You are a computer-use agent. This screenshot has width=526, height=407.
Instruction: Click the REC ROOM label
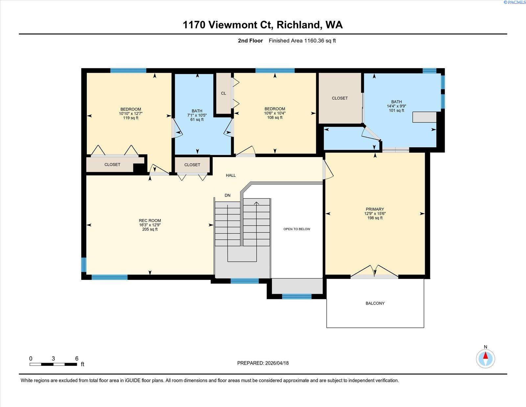click(150, 221)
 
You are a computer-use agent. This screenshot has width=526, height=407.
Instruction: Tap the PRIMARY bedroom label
click(375, 209)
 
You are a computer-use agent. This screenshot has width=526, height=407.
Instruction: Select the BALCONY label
click(375, 303)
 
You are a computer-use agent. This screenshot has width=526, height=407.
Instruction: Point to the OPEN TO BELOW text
click(297, 229)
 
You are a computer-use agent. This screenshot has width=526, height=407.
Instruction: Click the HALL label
click(231, 175)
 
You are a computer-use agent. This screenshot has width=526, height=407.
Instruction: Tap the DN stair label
click(227, 195)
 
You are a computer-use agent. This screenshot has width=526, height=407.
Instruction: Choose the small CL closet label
click(224, 93)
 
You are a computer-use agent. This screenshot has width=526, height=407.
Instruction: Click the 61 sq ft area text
click(197, 120)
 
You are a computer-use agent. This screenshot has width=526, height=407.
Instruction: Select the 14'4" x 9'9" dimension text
click(396, 106)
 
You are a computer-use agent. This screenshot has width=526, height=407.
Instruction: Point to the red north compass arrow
click(485, 356)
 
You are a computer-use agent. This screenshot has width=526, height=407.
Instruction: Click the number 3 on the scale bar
click(53, 359)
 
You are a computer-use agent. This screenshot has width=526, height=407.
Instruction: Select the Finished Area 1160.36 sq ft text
click(302, 41)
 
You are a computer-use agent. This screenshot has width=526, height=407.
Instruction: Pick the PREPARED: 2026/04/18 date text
click(263, 363)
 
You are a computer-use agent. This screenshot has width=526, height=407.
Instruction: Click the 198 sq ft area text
click(375, 218)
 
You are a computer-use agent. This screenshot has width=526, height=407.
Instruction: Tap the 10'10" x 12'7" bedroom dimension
click(131, 114)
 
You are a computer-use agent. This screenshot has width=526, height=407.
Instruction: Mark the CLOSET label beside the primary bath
click(340, 98)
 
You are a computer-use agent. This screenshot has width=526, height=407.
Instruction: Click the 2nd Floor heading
click(250, 41)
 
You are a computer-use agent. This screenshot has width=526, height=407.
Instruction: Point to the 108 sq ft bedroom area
click(275, 118)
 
